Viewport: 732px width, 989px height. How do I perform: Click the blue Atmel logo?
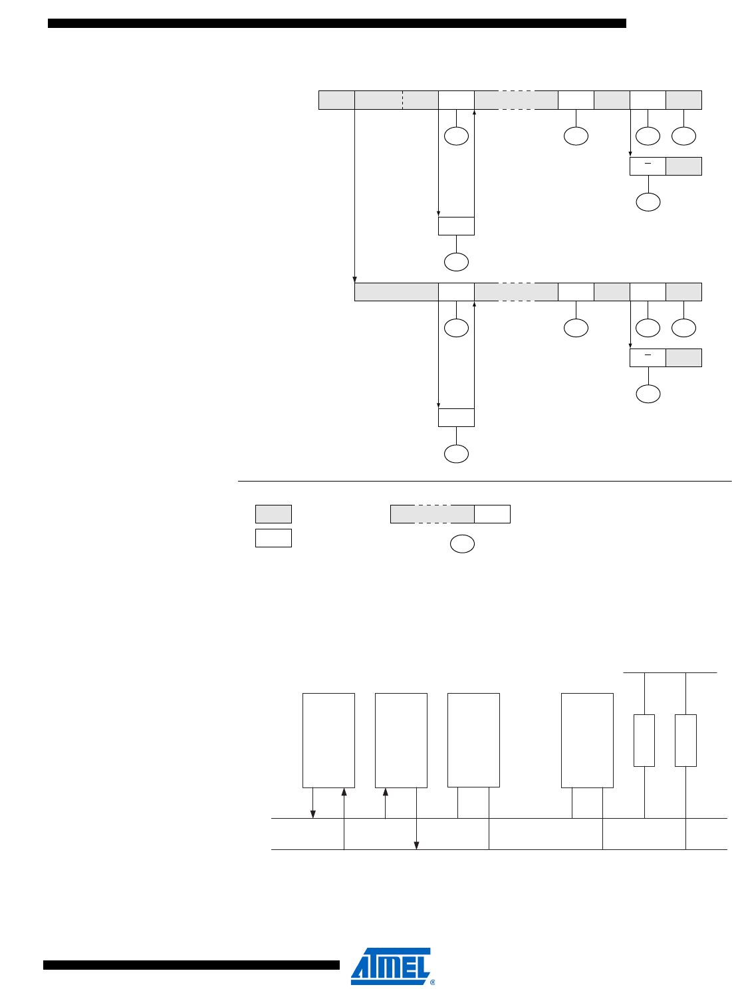pyautogui.click(x=391, y=964)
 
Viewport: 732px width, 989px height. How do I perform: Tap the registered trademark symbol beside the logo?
pyautogui.click(x=432, y=982)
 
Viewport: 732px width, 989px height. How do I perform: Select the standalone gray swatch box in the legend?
pyautogui.click(x=273, y=514)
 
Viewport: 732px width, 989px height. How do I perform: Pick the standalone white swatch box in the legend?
pyautogui.click(x=273, y=537)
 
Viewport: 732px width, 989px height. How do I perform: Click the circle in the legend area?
pyautogui.click(x=462, y=543)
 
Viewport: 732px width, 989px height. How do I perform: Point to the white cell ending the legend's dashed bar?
pyautogui.click(x=492, y=514)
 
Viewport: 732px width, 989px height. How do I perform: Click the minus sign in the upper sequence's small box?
pyautogui.click(x=647, y=164)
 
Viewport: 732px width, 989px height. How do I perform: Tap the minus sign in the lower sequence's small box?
pyautogui.click(x=647, y=355)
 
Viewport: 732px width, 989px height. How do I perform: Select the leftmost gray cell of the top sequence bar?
pyautogui.click(x=336, y=100)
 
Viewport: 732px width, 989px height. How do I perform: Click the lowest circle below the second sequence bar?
pyautogui.click(x=456, y=454)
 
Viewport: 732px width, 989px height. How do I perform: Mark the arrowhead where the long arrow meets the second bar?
pyautogui.click(x=354, y=279)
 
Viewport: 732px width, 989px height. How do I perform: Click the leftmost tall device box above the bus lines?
pyautogui.click(x=328, y=740)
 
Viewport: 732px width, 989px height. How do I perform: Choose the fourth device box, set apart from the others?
pyautogui.click(x=587, y=740)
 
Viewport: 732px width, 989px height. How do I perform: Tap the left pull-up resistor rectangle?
pyautogui.click(x=644, y=740)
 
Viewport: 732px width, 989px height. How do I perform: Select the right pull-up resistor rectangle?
pyautogui.click(x=685, y=740)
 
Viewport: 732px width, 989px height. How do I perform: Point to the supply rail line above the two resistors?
pyautogui.click(x=670, y=672)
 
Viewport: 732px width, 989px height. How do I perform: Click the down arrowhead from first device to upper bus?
pyautogui.click(x=313, y=814)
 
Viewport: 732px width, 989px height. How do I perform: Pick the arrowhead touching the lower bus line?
pyautogui.click(x=417, y=845)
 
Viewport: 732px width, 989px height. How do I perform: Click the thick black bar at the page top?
pyautogui.click(x=337, y=23)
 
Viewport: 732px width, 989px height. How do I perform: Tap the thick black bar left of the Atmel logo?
pyautogui.click(x=191, y=965)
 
